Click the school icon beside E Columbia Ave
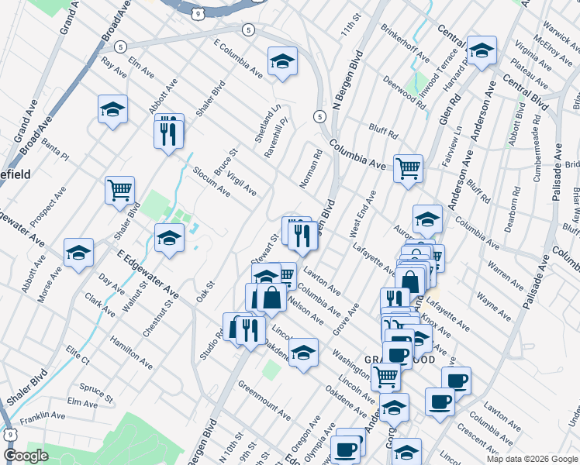pos(283,61)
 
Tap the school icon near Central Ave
pos(482,52)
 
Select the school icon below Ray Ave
pos(113,109)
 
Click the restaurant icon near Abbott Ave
pos(168,131)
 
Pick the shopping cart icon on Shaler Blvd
pos(119,190)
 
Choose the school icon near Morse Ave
pos(78,253)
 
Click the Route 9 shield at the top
pos(199,13)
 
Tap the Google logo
pos(26,456)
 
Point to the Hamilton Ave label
pos(131,351)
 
